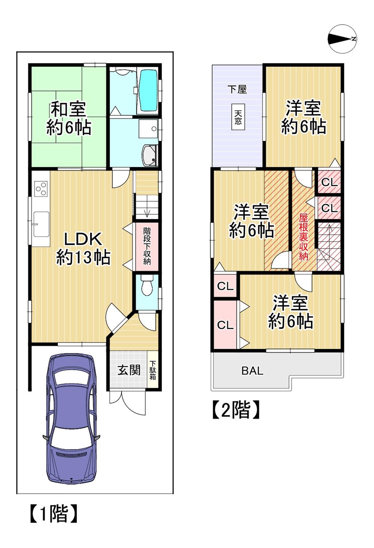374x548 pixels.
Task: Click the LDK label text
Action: click(83, 238)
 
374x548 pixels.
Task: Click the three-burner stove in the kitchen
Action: click(40, 189)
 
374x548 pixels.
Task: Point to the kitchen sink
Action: click(41, 224)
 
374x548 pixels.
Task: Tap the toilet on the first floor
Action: click(147, 286)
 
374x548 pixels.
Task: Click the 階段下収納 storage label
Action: click(147, 245)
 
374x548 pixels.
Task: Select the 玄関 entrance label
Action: click(129, 370)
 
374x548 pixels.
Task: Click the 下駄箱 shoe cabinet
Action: click(153, 370)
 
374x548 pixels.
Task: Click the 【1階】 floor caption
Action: click(53, 514)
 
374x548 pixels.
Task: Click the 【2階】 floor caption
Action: click(236, 410)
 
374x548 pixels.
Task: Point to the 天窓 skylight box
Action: click(238, 116)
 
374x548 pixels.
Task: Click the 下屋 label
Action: click(237, 89)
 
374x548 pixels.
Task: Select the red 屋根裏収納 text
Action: click(303, 237)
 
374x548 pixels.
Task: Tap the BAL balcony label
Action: click(252, 371)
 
